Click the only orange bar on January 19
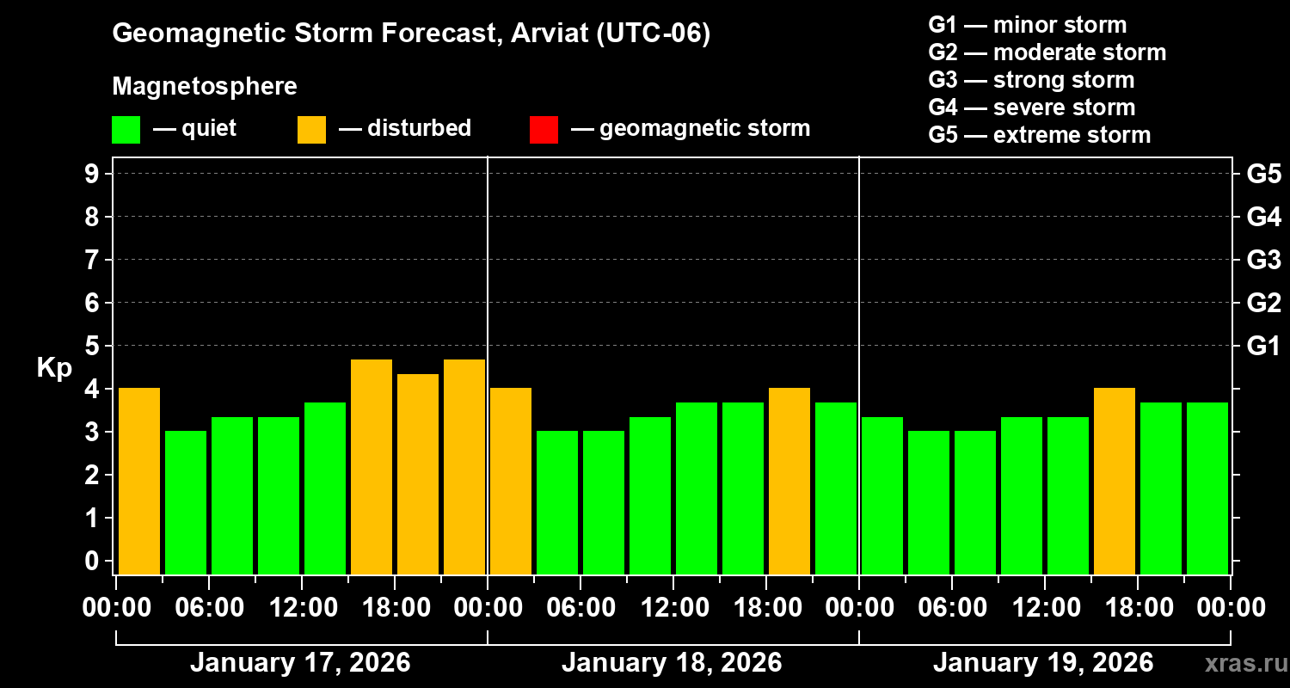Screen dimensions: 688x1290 (1115, 481)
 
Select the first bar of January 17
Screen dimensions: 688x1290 (139, 481)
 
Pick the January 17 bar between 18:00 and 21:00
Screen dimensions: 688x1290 (418, 474)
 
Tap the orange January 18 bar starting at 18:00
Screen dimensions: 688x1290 (789, 481)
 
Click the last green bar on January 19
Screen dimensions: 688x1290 (1207, 488)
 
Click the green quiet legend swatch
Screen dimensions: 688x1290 (126, 130)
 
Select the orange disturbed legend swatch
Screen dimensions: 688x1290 (311, 130)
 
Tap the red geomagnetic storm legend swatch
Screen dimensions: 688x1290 (544, 130)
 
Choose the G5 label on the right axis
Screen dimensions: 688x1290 (1263, 175)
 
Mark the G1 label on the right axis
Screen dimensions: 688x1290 (1263, 347)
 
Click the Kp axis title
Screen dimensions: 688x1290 (54, 368)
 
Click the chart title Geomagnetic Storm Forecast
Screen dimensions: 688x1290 (411, 34)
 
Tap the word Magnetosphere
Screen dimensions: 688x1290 (205, 87)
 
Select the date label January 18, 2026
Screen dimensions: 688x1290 (672, 663)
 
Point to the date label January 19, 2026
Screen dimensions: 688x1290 (1043, 663)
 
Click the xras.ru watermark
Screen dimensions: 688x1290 (1243, 663)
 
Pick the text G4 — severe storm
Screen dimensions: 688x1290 (1032, 107)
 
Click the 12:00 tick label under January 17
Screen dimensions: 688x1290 (303, 608)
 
